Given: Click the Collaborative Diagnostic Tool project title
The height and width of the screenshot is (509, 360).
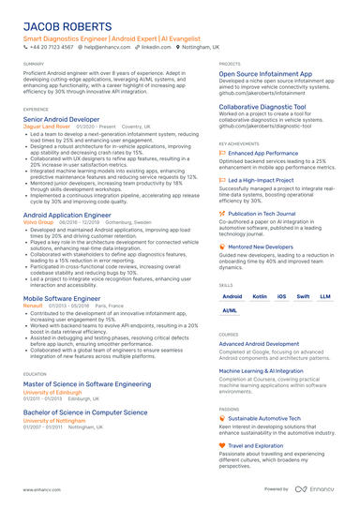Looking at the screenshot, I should tap(264, 108).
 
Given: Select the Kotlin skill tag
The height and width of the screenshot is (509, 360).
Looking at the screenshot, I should tap(260, 296).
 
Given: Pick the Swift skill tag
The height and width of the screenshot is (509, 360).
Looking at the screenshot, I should tap(303, 296).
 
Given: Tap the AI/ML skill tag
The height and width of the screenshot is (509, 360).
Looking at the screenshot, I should tap(230, 310).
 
